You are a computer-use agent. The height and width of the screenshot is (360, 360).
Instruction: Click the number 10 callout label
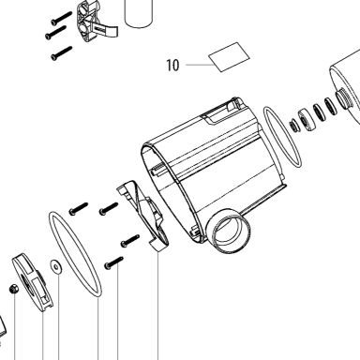172,65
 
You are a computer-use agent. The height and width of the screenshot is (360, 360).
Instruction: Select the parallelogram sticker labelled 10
229,57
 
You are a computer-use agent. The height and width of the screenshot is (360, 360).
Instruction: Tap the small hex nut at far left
14,289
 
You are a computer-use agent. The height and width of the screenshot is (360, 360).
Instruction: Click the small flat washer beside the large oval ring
56,266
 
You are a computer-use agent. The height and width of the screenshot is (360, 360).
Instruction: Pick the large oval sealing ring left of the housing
75,254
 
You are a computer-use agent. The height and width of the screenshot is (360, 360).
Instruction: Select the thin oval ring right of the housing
282,137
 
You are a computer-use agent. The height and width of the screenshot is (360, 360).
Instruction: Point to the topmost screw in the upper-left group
62,18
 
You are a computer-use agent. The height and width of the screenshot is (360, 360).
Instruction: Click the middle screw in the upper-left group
55,33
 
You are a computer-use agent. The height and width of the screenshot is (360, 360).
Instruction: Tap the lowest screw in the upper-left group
62,53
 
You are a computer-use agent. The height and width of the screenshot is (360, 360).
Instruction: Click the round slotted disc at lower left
32,282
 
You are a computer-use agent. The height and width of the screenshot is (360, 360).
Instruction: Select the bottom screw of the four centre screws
113,262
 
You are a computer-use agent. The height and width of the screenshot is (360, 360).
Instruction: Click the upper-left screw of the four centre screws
78,209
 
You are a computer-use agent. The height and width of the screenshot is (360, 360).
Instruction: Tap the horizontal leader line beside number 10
199,65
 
